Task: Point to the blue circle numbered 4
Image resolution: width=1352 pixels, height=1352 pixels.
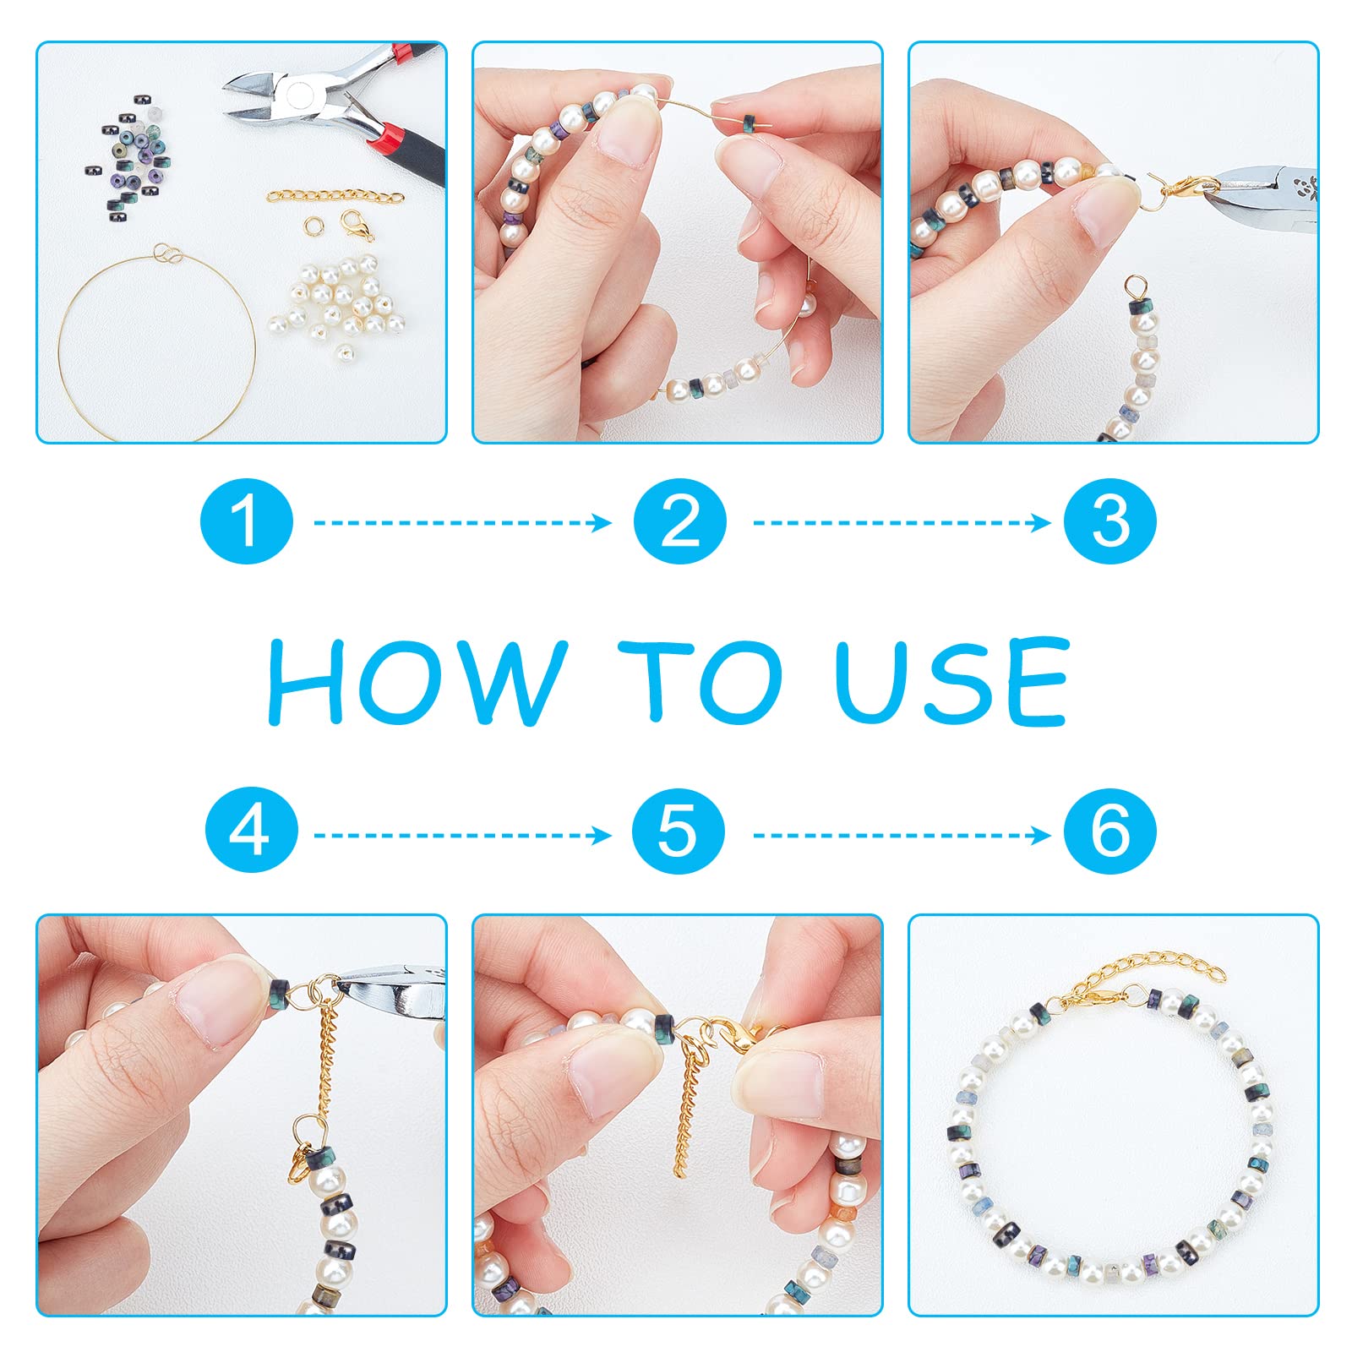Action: [251, 832]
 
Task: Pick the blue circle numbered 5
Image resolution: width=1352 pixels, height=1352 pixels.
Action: [679, 832]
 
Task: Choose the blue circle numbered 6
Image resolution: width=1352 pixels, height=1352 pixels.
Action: [1110, 832]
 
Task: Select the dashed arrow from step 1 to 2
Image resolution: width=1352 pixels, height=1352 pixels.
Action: [462, 523]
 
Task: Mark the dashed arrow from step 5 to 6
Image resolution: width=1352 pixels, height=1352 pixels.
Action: [902, 836]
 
